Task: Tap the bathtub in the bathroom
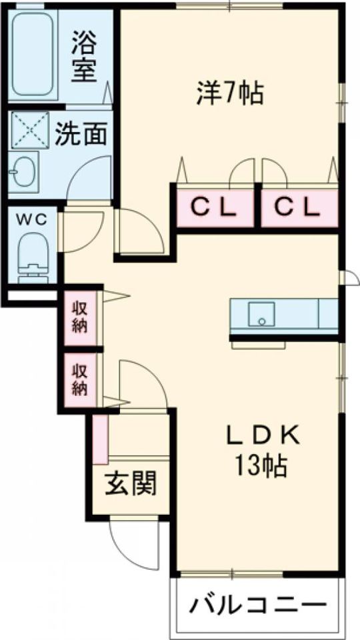click(x=32, y=54)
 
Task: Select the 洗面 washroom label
click(x=81, y=134)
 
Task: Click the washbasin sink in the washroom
click(x=23, y=171)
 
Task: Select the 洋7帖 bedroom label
click(x=230, y=93)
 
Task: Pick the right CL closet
click(x=299, y=208)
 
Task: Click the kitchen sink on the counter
click(x=261, y=314)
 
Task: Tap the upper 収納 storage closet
click(x=80, y=318)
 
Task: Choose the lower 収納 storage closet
click(x=80, y=380)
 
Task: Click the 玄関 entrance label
click(x=131, y=484)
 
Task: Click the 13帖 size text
click(x=260, y=466)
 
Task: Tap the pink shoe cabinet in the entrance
click(x=101, y=439)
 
